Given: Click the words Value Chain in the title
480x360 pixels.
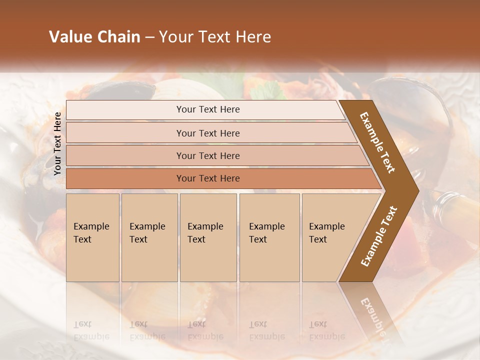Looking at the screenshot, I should tap(94, 37).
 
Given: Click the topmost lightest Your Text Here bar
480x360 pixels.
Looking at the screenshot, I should tap(207, 109).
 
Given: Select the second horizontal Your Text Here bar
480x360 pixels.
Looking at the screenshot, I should tap(207, 133).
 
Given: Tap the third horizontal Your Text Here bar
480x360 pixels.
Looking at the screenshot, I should tap(207, 155).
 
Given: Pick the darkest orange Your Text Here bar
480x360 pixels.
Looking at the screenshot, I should tap(207, 178).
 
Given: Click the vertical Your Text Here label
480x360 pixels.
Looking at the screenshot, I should tap(57, 144).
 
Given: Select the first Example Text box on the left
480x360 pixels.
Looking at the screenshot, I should tap(92, 237).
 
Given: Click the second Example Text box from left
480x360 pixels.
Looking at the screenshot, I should tap(149, 237).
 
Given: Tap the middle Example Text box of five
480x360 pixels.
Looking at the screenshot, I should tap(208, 237).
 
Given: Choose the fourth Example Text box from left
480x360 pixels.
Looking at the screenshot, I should tap(269, 237).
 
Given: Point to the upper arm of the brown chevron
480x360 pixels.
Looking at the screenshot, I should tap(377, 142).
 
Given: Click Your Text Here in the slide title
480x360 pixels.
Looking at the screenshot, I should tap(215, 37).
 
